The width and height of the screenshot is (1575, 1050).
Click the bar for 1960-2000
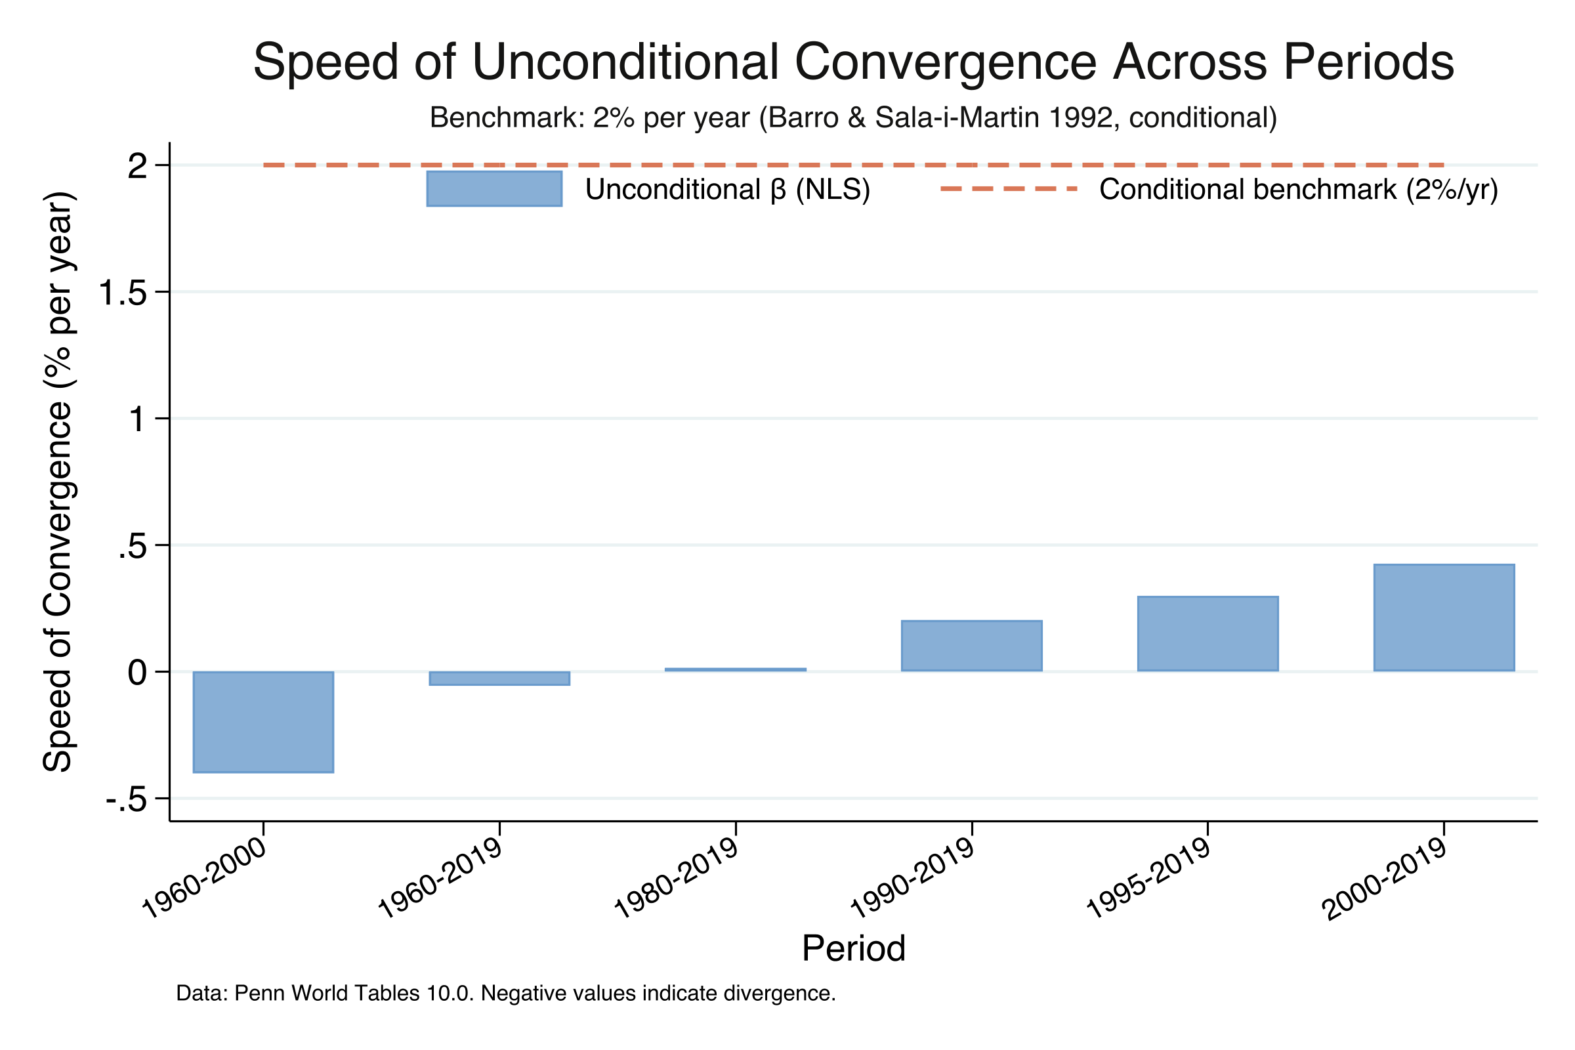click(x=263, y=722)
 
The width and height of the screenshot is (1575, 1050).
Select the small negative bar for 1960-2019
click(x=499, y=679)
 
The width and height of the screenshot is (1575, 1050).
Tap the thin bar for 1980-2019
click(x=735, y=669)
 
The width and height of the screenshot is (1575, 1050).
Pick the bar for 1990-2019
click(x=972, y=646)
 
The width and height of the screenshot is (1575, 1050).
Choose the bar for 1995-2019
click(x=1208, y=633)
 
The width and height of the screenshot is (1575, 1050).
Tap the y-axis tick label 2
click(x=137, y=166)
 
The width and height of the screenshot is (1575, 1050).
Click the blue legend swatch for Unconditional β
click(x=494, y=189)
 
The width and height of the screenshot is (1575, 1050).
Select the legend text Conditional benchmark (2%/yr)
click(x=1299, y=190)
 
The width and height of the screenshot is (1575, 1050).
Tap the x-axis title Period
click(x=854, y=948)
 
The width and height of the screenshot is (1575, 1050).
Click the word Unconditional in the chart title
click(x=625, y=62)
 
